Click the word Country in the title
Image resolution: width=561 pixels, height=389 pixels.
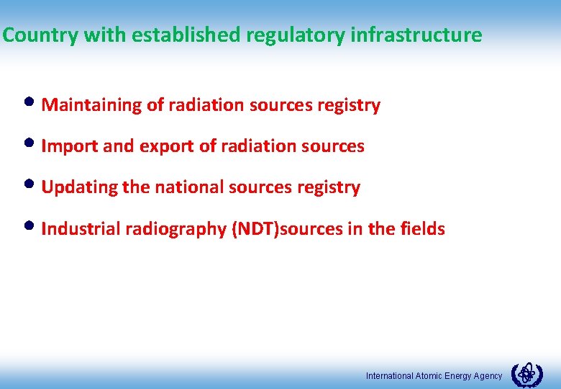[40, 35]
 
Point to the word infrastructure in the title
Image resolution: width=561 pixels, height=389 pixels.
[416, 35]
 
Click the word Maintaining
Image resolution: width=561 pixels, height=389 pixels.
[92, 105]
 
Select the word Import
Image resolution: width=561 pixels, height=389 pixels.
[70, 146]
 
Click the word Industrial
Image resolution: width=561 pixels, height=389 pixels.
[81, 229]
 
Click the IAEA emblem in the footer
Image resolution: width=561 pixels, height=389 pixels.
[526, 375]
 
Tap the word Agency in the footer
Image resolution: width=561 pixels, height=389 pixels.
[488, 376]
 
